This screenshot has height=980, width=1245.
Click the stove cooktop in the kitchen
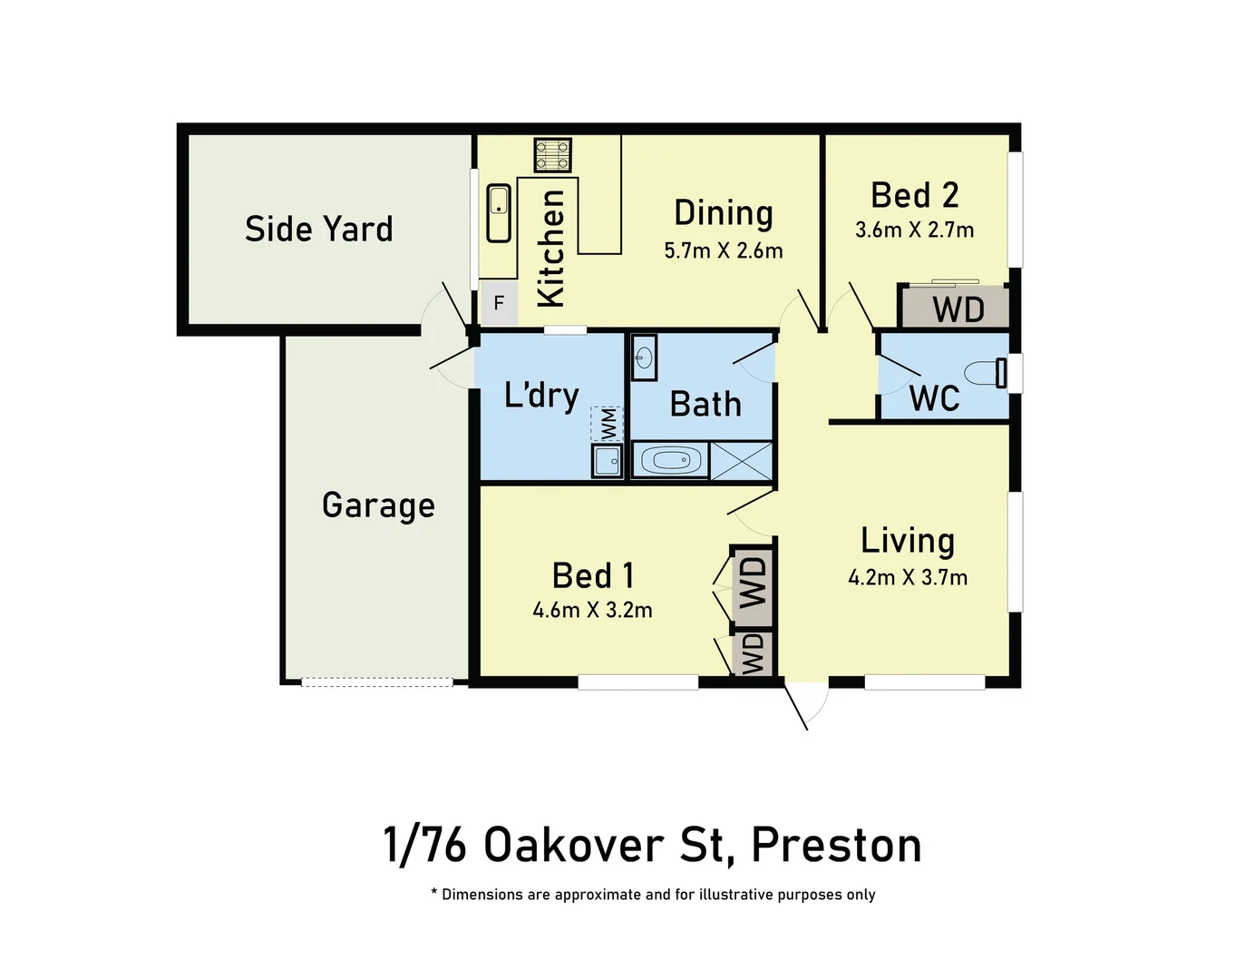[552, 155]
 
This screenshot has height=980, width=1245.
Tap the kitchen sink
[499, 213]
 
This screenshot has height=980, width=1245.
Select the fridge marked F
[498, 303]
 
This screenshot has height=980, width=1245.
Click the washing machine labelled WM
[607, 424]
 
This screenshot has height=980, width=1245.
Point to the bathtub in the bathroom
[671, 461]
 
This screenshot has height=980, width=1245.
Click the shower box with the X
[741, 461]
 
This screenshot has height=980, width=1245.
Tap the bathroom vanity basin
[643, 358]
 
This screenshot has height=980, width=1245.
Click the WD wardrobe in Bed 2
[957, 309]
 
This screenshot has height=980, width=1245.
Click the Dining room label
[724, 213]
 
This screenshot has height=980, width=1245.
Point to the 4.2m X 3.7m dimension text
[908, 577]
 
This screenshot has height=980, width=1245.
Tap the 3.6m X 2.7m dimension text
[914, 230]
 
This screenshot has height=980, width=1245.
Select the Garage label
[378, 505]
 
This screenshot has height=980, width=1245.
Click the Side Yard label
[319, 229]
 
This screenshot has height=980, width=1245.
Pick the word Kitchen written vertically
[550, 248]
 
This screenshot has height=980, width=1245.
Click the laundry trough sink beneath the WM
[607, 460]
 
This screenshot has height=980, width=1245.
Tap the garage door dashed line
[376, 682]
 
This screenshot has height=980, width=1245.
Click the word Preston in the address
[836, 845]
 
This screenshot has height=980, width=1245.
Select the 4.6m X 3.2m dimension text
[592, 610]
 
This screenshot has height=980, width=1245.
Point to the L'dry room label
[541, 396]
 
